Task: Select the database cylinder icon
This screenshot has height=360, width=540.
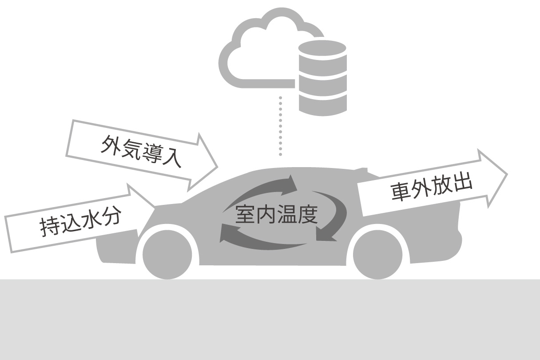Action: coord(322,78)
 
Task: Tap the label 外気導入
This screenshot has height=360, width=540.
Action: coord(141,151)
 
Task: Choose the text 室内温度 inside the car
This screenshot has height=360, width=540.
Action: coord(277,214)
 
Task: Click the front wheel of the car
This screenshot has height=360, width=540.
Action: coord(167,255)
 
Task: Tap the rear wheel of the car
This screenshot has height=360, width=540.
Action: coord(377,255)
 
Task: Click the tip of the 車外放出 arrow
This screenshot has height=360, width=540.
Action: coord(508,174)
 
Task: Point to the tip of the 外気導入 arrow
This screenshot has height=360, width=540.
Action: coord(218,167)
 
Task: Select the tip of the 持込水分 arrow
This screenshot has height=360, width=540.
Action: coord(155,207)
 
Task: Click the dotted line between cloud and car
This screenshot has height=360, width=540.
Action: coord(280,126)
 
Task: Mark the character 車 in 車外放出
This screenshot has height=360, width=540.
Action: coord(401,192)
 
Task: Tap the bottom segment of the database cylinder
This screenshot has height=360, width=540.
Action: coord(322,104)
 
